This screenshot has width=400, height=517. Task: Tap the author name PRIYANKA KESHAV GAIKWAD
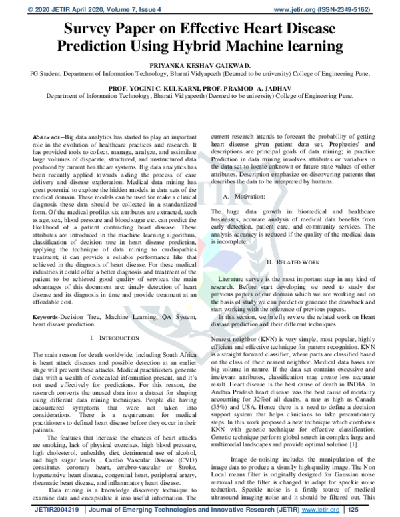pyautogui.click(x=199, y=68)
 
